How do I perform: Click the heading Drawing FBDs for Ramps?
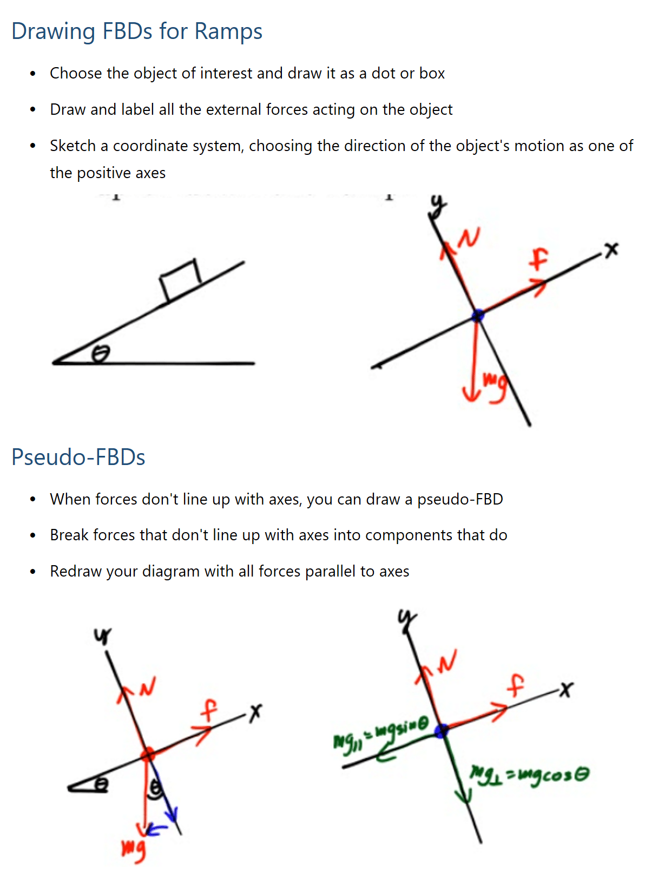[x=136, y=31]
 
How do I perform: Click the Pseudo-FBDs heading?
[x=78, y=457]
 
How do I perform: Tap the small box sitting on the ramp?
[x=181, y=279]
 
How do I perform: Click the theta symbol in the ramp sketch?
[x=101, y=354]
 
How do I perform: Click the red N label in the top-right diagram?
[x=470, y=238]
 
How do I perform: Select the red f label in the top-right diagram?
[x=538, y=259]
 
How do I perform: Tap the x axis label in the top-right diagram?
[x=611, y=250]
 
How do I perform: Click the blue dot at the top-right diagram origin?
[x=477, y=315]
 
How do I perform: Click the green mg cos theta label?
[x=529, y=775]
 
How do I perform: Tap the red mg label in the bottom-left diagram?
[x=133, y=849]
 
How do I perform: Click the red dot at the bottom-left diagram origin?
[x=147, y=754]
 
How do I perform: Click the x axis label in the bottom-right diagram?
[x=565, y=689]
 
